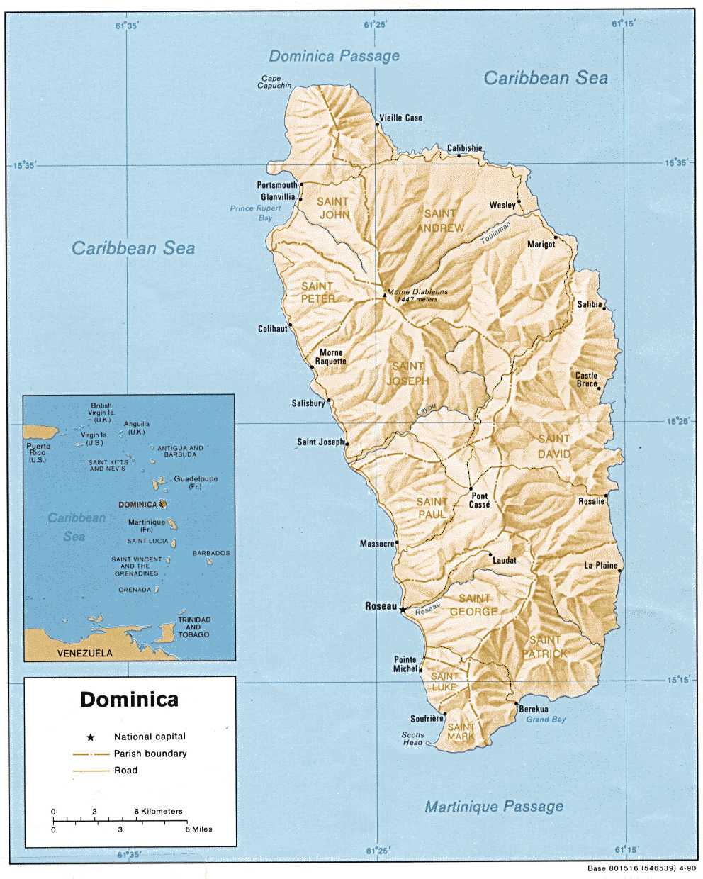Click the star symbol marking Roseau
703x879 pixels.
click(x=403, y=609)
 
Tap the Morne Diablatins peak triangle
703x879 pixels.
click(x=385, y=295)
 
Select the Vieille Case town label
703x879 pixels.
click(x=400, y=118)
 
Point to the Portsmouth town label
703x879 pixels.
click(x=277, y=185)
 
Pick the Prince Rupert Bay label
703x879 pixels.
click(x=256, y=213)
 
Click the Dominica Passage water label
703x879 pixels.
click(x=334, y=55)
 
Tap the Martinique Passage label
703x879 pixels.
click(x=494, y=806)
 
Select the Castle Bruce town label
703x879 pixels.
click(x=586, y=379)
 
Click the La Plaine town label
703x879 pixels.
click(x=600, y=566)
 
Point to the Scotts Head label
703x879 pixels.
click(x=412, y=738)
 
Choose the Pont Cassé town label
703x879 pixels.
click(x=480, y=500)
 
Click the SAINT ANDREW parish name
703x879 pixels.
click(x=440, y=220)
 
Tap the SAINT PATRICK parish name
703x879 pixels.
click(x=544, y=646)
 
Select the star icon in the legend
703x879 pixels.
click(x=90, y=737)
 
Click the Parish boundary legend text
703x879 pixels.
click(x=150, y=754)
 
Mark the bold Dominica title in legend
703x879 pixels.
click(x=129, y=700)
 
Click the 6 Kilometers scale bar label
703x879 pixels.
click(x=158, y=811)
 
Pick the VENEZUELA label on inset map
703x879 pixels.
click(x=84, y=653)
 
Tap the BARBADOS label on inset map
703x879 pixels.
click(x=211, y=553)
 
